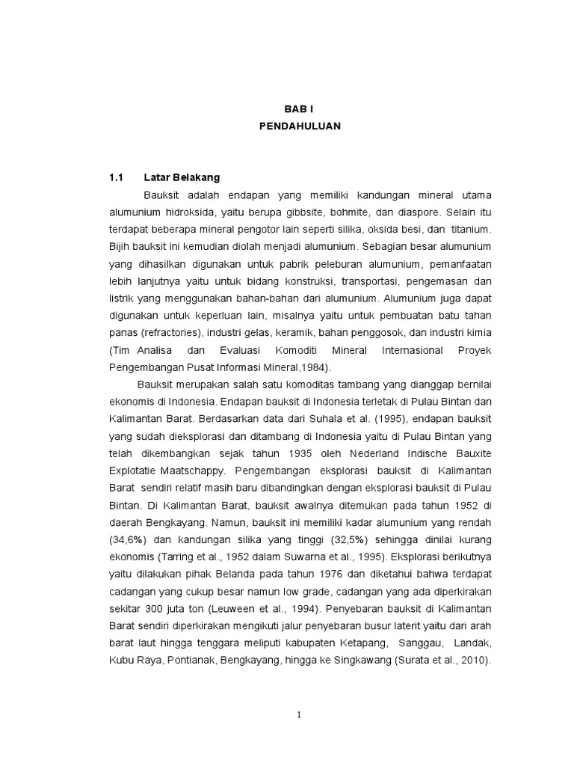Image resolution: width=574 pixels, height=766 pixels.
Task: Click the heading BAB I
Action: click(x=299, y=109)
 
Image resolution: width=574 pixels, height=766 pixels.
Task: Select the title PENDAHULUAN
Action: click(x=299, y=126)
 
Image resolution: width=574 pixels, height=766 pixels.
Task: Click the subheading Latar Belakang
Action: click(x=182, y=178)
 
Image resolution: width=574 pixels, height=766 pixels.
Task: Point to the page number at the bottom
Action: click(x=299, y=714)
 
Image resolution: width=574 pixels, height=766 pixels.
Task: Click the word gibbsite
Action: click(x=317, y=212)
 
